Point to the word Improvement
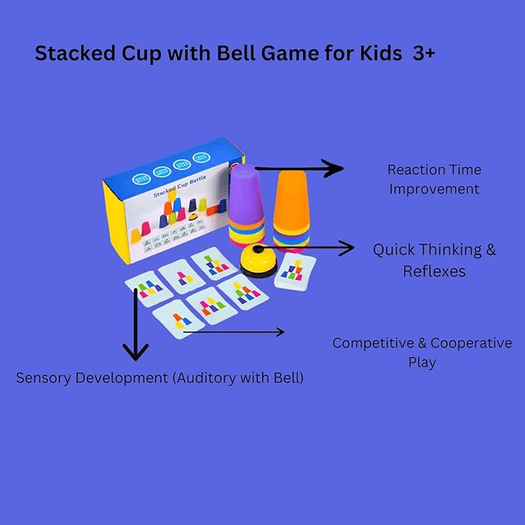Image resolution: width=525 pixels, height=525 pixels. pos(434,189)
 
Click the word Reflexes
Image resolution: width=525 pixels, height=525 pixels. pos(434,271)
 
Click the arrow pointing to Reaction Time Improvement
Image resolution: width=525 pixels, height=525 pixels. pos(302,168)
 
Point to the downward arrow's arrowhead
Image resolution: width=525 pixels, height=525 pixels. pos(135,353)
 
